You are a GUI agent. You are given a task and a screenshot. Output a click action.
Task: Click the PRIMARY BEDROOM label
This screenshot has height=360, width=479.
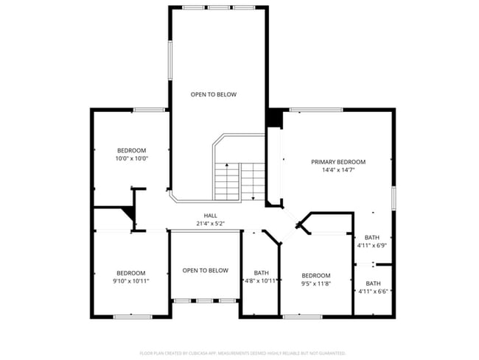[338, 162]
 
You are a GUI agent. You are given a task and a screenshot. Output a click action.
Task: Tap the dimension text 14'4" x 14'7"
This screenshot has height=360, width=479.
[338, 170]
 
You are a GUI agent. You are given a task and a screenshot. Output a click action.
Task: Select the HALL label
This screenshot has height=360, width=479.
[210, 216]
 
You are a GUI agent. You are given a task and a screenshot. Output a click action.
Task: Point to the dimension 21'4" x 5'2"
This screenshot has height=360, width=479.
[210, 223]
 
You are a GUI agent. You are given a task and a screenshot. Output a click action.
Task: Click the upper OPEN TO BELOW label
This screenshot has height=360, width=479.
[214, 94]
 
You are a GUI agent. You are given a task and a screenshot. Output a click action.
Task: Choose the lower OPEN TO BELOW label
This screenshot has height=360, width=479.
[205, 270]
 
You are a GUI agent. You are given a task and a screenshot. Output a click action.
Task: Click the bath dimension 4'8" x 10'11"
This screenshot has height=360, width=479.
[261, 280]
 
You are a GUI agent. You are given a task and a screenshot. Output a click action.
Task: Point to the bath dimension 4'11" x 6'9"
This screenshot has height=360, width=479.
[373, 246]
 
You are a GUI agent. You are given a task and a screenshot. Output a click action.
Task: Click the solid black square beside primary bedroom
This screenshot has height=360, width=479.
[275, 118]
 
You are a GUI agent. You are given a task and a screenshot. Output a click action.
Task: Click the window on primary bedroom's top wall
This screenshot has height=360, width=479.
[315, 110]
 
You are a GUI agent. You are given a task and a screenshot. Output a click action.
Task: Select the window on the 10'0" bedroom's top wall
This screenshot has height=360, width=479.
[149, 110]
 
